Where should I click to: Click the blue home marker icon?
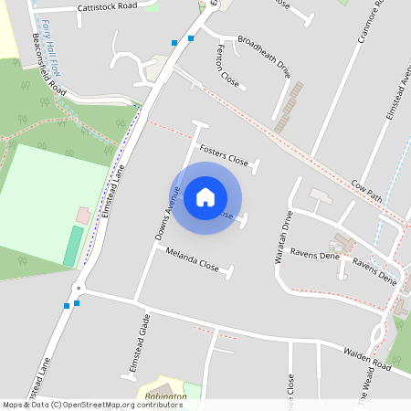click(x=205, y=197)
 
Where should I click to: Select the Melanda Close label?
click(x=193, y=261)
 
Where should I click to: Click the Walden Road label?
click(x=367, y=359)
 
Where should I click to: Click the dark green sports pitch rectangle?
click(x=72, y=247)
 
